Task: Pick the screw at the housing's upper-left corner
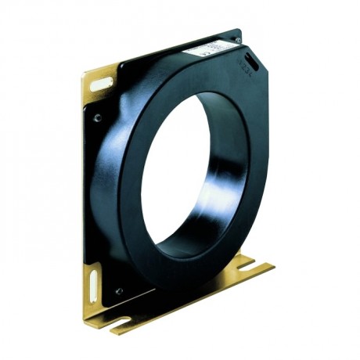click(x=97, y=118)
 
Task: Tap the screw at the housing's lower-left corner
click(x=118, y=290)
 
